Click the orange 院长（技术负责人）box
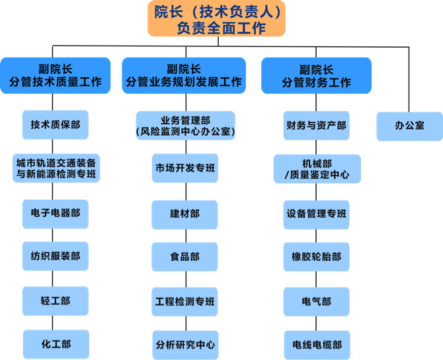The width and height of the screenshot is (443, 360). coord(216,19)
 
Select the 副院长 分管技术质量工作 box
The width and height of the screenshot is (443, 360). coord(56,75)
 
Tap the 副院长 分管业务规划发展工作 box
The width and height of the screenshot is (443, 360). coord(184,75)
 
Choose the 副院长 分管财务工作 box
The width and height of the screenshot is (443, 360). coord(316,75)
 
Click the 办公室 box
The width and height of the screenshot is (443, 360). coord(409,125)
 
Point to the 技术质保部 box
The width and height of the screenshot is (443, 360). coord(56,124)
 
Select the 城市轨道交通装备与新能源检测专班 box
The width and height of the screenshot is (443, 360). coord(56,169)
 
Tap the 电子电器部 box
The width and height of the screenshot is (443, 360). coord(56,213)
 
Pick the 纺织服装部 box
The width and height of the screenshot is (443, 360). coord(56,256)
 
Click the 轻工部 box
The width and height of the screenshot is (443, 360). coord(56,300)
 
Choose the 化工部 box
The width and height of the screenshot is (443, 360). coord(56,344)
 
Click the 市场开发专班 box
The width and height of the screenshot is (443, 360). coord(184,169)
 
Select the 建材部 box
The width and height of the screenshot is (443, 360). coord(184,213)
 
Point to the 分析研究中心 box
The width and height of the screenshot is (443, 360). coord(184,345)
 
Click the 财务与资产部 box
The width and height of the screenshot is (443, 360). coord(316,125)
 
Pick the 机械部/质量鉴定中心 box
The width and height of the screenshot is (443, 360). coord(316,169)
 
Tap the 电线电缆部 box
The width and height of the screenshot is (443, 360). coord(316,345)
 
